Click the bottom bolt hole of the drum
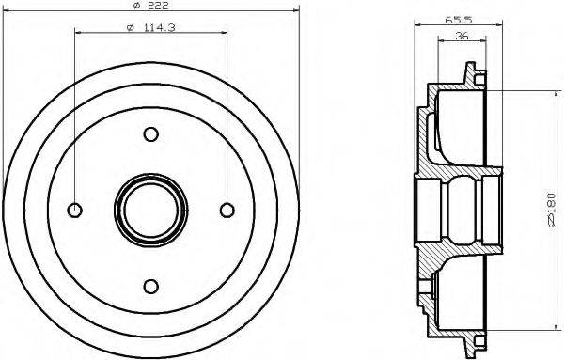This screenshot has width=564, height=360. (150, 285)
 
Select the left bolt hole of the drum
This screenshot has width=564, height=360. (75, 210)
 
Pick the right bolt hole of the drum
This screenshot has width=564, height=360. (226, 210)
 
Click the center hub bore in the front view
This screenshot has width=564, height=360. (150, 210)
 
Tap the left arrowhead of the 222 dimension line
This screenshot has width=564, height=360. (6, 13)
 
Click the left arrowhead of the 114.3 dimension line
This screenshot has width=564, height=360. (76, 33)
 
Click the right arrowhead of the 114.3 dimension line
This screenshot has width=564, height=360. (225, 33)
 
